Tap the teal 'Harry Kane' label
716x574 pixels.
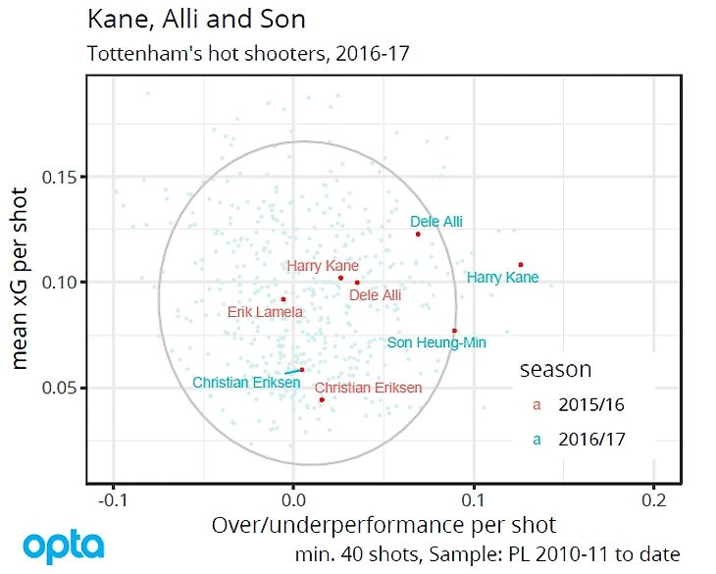pyautogui.click(x=502, y=278)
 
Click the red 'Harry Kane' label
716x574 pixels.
pyautogui.click(x=323, y=266)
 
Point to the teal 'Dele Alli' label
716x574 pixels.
pyautogui.click(x=436, y=223)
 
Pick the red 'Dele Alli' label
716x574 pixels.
pyautogui.click(x=376, y=294)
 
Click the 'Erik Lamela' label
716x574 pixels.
pyautogui.click(x=265, y=313)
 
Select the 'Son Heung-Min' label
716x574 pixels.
pyautogui.click(x=436, y=343)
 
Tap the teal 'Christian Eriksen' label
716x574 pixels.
pyautogui.click(x=246, y=383)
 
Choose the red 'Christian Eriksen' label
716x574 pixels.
pyautogui.click(x=368, y=389)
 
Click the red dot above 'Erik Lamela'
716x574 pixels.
pyautogui.click(x=283, y=299)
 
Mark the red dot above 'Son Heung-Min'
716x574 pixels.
pyautogui.click(x=454, y=331)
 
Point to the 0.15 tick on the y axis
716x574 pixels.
pyautogui.click(x=64, y=177)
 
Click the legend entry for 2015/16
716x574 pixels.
pyautogui.click(x=588, y=404)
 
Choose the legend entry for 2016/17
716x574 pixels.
pyautogui.click(x=588, y=440)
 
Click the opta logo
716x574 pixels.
pyautogui.click(x=64, y=546)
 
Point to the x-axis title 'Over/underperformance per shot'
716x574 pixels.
pyautogui.click(x=384, y=525)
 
